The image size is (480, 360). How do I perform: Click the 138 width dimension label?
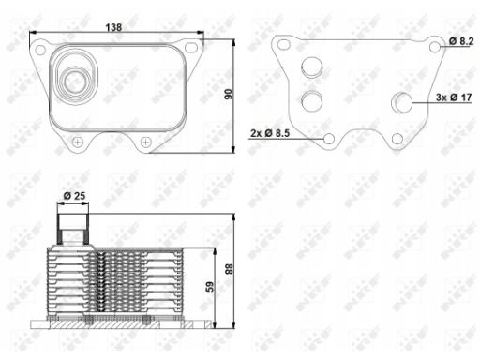(x=113, y=27)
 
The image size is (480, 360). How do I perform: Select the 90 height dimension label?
(x=229, y=94)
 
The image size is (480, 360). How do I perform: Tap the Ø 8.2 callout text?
(x=461, y=41)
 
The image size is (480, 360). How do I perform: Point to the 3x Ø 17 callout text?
(x=454, y=97)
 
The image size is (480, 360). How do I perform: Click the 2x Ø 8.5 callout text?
(x=270, y=133)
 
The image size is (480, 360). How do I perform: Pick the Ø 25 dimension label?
(x=74, y=196)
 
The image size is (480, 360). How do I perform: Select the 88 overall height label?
(x=229, y=269)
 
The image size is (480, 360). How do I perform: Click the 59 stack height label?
(x=210, y=287)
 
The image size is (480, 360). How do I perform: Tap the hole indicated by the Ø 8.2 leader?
(x=435, y=47)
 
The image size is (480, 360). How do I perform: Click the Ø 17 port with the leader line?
(x=402, y=102)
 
